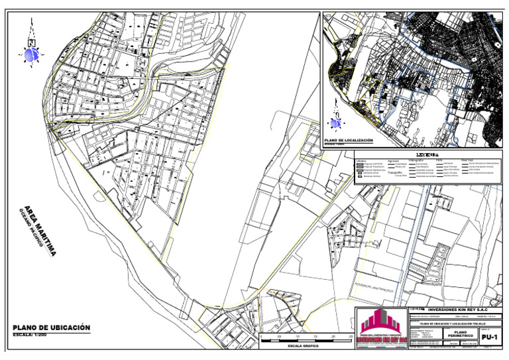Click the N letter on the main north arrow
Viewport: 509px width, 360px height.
[x=31, y=43]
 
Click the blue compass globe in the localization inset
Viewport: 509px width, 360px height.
[x=336, y=123]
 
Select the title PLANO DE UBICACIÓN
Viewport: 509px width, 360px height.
[x=51, y=328]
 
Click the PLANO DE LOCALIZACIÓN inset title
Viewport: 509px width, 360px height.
[x=348, y=141]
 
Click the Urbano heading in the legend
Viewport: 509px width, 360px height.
[x=361, y=160]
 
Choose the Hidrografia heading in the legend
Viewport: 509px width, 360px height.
[x=416, y=160]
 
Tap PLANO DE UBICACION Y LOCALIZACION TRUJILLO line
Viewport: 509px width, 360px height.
[x=457, y=324]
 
